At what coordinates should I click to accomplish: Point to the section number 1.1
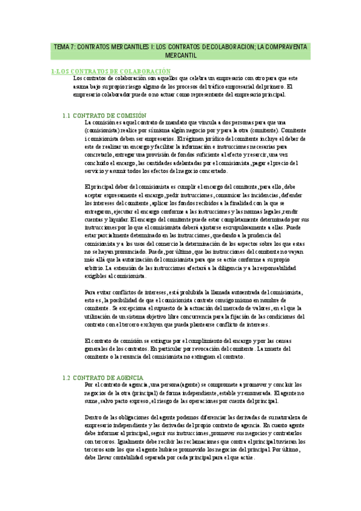[67, 115]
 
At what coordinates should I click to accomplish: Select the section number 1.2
[67, 378]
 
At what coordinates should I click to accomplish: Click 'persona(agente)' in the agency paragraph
[193, 385]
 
